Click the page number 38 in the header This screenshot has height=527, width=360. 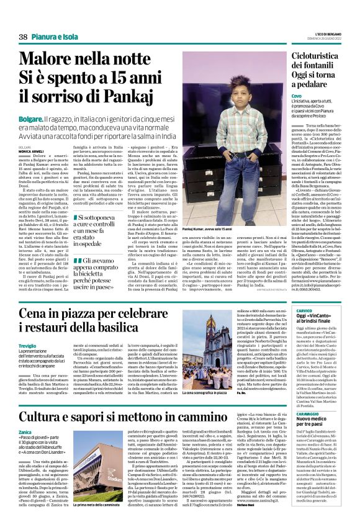(23, 38)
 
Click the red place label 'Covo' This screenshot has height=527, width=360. (297, 97)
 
